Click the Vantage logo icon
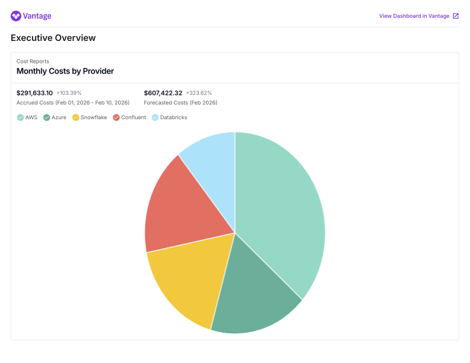(x=16, y=16)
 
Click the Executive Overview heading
(x=53, y=38)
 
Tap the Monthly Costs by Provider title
(x=65, y=71)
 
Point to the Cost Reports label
(x=33, y=61)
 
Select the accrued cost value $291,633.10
(x=34, y=93)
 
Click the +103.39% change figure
(x=69, y=93)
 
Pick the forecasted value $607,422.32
(x=163, y=93)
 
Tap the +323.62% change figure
(x=199, y=93)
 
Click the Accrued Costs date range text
(x=73, y=103)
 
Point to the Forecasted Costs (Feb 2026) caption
(x=180, y=103)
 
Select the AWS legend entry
(x=27, y=117)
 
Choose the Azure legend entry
(x=55, y=117)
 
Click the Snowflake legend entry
(x=90, y=117)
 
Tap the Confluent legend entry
(x=129, y=117)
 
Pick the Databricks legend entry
(x=170, y=117)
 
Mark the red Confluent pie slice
(x=178, y=208)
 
